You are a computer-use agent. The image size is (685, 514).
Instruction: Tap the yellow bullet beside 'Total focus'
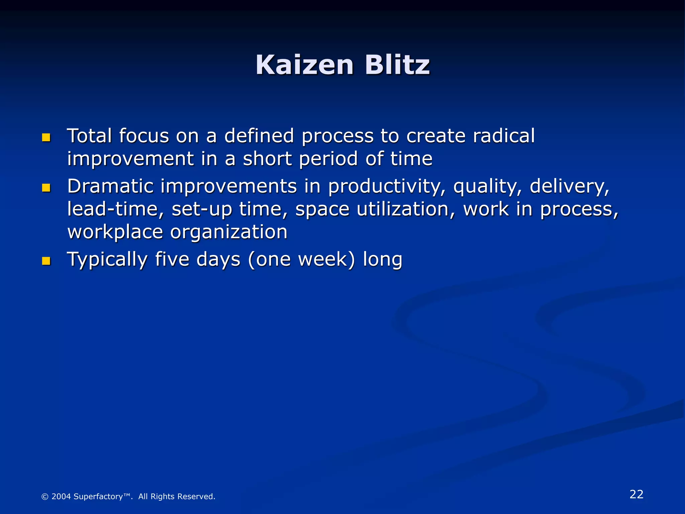pos(46,138)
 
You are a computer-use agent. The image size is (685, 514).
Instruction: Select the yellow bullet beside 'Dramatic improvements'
pos(46,188)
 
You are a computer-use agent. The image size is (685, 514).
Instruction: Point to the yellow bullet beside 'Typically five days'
pos(46,261)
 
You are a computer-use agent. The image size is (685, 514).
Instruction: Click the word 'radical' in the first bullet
pos(504,136)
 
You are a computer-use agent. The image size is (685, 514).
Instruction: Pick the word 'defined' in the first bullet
pos(259,136)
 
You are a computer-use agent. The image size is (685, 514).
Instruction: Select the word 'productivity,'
pos(387,187)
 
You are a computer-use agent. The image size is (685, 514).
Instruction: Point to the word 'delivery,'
pos(570,187)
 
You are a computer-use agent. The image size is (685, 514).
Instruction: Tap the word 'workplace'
pos(115,233)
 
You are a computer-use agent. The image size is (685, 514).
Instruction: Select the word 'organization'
pos(229,233)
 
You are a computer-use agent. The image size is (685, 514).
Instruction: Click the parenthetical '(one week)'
pos(301,260)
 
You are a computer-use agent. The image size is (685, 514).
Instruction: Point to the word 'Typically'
pos(107,260)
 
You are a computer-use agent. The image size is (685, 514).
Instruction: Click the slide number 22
pos(637,494)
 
